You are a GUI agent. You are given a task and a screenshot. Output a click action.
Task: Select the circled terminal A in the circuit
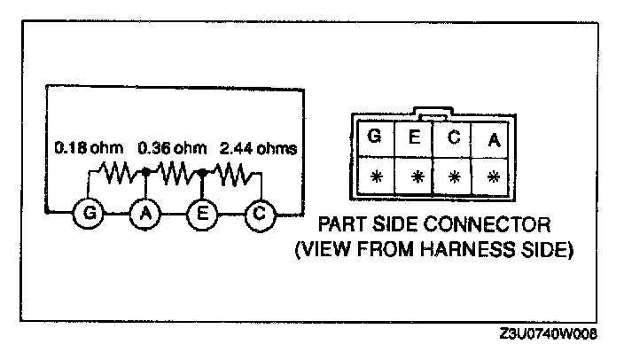(x=145, y=214)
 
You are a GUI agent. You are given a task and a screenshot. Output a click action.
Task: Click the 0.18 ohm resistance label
(x=84, y=146)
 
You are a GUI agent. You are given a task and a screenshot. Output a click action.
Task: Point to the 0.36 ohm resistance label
(x=170, y=146)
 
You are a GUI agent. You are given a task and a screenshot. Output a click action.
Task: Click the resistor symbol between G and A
(x=116, y=173)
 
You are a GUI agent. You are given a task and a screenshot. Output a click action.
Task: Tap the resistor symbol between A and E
(x=175, y=173)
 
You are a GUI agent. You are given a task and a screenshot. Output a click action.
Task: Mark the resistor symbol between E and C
(x=232, y=173)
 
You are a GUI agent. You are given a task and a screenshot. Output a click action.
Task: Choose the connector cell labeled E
(x=415, y=138)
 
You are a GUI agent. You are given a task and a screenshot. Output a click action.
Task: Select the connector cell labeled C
(x=454, y=138)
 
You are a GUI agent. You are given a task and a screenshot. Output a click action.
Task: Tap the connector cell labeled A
(x=493, y=139)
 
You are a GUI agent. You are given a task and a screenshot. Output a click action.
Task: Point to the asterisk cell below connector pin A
(x=493, y=176)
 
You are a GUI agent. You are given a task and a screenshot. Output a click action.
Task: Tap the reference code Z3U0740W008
(x=549, y=335)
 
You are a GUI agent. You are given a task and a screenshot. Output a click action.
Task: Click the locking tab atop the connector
(x=433, y=113)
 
